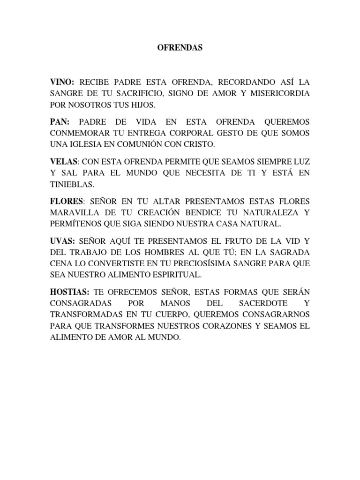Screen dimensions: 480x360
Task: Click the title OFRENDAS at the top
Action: (x=180, y=48)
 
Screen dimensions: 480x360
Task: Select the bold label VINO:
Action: (x=63, y=82)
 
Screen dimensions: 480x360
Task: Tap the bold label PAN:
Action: (x=61, y=121)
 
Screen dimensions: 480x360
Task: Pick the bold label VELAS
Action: (x=63, y=161)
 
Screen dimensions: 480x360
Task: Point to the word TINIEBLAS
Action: (x=69, y=184)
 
